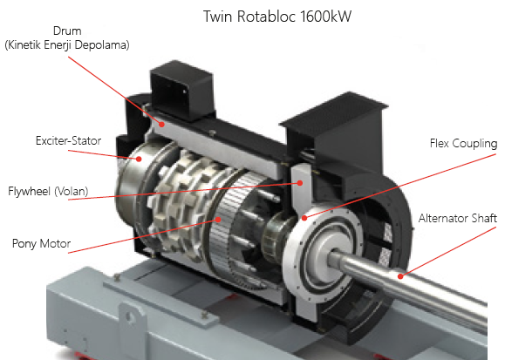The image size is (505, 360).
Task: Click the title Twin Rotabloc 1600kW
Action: tap(277, 17)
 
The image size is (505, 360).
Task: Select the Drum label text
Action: tap(67, 31)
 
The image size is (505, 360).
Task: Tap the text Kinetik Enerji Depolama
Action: tap(67, 44)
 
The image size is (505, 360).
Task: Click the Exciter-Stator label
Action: tap(68, 140)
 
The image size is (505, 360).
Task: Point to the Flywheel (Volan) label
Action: tap(48, 191)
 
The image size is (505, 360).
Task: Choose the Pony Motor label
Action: tap(41, 243)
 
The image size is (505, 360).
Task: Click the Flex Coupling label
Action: tap(463, 143)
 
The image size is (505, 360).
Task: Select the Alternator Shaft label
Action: tap(458, 218)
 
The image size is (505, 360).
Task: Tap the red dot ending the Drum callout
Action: tap(162, 124)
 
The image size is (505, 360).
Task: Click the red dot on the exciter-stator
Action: tap(139, 159)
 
